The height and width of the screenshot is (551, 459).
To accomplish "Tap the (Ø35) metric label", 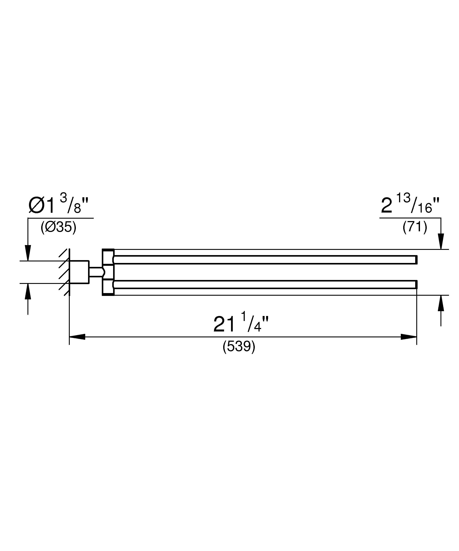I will pyautogui.click(x=58, y=227).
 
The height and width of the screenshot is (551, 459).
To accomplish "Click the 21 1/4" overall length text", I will pyautogui.click(x=241, y=324).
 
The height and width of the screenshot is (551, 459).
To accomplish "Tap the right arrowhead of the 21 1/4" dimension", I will pyautogui.click(x=409, y=337).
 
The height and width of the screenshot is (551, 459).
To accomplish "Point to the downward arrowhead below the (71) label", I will pyautogui.click(x=441, y=241).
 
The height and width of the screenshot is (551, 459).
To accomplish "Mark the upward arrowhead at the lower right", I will pyautogui.click(x=441, y=303).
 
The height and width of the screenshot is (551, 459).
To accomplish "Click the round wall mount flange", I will pyautogui.click(x=79, y=272).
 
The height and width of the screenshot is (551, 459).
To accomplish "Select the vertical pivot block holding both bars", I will pyautogui.click(x=108, y=272).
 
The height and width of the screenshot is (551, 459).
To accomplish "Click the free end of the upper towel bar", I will pyautogui.click(x=416, y=259).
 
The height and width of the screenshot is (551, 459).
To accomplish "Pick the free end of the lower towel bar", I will pyautogui.click(x=416, y=285).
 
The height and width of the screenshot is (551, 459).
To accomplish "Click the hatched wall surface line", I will pyautogui.click(x=69, y=272).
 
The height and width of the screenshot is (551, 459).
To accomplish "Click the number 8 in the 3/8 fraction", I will pyautogui.click(x=77, y=209).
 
